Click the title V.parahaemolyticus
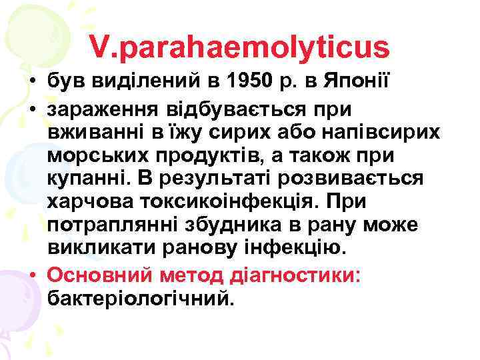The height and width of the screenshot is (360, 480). pos(239,47)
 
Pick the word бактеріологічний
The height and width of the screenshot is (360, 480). pos(141,298)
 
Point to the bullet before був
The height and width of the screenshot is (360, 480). pos(33,83)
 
